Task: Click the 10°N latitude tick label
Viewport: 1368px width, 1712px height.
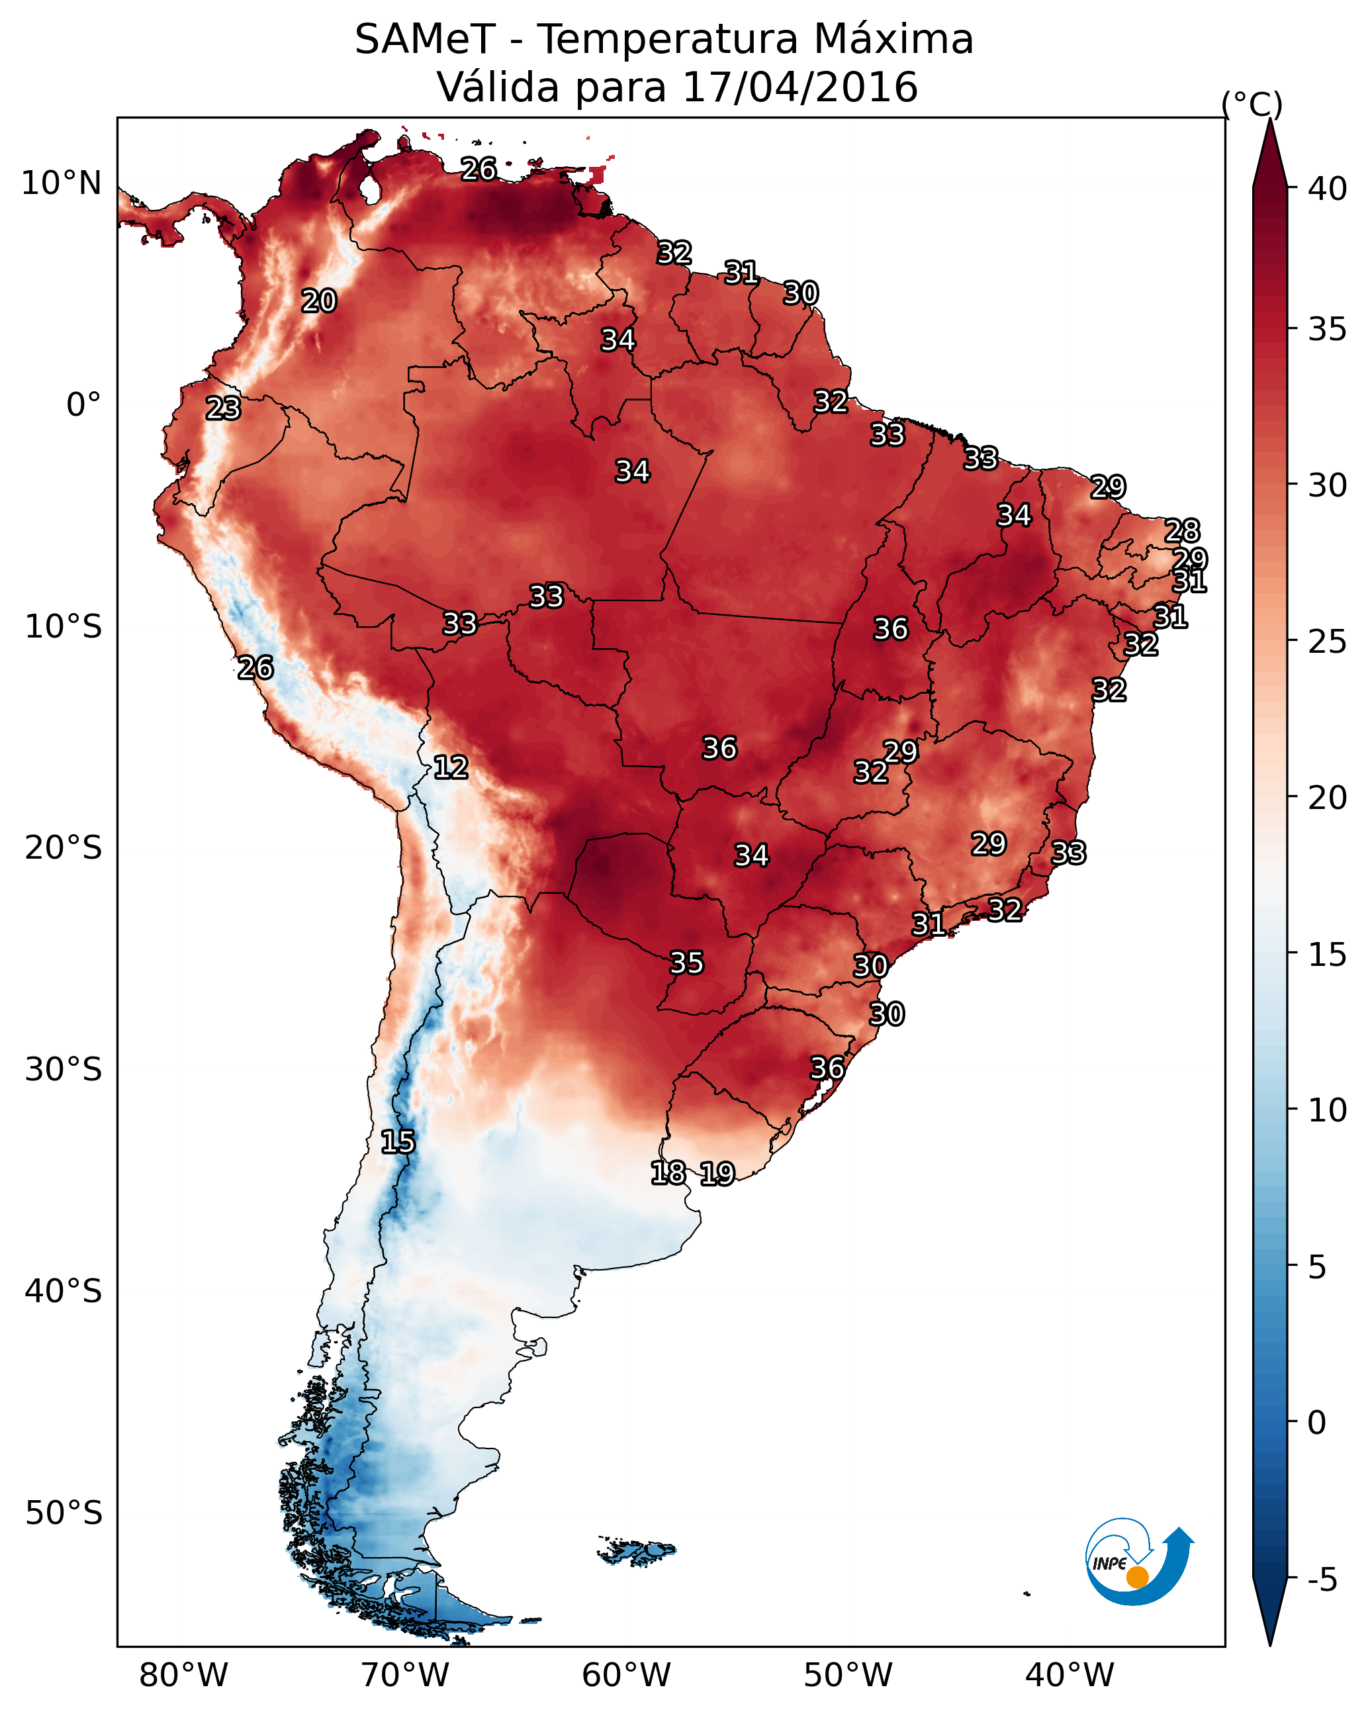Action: click(61, 183)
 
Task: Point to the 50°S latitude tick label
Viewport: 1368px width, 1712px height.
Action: click(64, 1513)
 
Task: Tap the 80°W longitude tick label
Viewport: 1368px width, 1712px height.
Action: click(183, 1675)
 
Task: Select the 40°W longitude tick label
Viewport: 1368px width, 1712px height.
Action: click(1070, 1675)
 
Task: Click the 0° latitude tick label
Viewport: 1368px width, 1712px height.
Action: click(83, 405)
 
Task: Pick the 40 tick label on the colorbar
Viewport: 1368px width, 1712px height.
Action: click(1328, 189)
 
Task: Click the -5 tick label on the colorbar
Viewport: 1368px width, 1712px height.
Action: click(1322, 1580)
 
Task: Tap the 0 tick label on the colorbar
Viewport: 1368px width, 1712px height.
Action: click(1316, 1423)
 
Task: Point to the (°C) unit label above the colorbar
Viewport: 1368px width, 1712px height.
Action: click(1252, 104)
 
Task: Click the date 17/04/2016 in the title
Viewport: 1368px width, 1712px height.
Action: click(799, 87)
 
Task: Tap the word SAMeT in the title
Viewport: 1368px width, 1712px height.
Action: click(425, 40)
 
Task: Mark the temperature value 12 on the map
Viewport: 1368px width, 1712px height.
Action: click(451, 767)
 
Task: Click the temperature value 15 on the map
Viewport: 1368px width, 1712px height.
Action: click(398, 1142)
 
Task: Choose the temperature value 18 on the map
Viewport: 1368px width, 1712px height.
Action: click(668, 1173)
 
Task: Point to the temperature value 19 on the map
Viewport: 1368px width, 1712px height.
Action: click(717, 1174)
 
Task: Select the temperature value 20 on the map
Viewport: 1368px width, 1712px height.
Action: click(319, 301)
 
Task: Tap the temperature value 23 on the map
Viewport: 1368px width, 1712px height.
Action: click(223, 408)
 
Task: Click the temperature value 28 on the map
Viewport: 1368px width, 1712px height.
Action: click(1182, 530)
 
